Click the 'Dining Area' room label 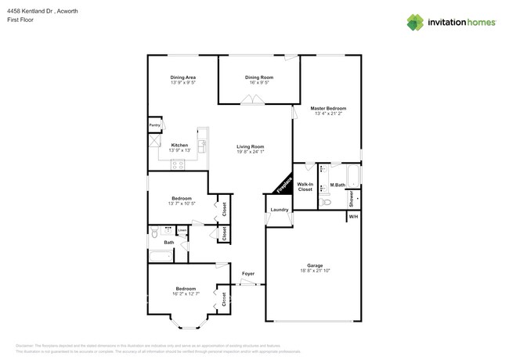pyautogui.click(x=182, y=77)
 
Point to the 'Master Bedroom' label pyautogui.click(x=327, y=108)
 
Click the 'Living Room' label pyautogui.click(x=251, y=146)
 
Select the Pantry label pyautogui.click(x=155, y=124)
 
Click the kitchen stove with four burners pyautogui.click(x=177, y=164)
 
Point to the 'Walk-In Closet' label pyautogui.click(x=305, y=186)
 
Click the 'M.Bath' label pyautogui.click(x=338, y=185)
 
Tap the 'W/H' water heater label pyautogui.click(x=353, y=216)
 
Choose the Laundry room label pyautogui.click(x=280, y=210)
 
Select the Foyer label pyautogui.click(x=247, y=273)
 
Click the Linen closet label pyautogui.click(x=182, y=230)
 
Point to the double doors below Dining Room pyautogui.click(x=252, y=99)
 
